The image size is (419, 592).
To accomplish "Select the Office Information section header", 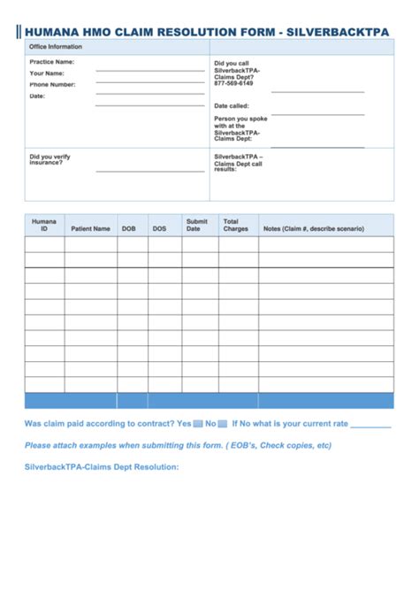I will (x=56, y=47).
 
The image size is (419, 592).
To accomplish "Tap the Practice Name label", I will (x=52, y=63).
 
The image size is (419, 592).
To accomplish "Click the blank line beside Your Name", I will (x=149, y=82).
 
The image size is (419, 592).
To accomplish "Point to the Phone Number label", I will (x=52, y=85).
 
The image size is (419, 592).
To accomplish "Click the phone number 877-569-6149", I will (x=233, y=83).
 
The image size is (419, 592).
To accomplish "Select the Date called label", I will (x=232, y=105).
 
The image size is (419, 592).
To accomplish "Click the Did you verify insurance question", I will (x=50, y=159).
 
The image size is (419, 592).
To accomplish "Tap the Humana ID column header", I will (x=44, y=225).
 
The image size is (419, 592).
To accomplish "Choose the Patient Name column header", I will (x=91, y=228).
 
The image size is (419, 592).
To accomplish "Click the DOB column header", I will (x=130, y=228).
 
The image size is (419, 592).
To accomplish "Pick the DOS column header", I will (x=159, y=228).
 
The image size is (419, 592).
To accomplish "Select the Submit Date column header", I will (x=196, y=225).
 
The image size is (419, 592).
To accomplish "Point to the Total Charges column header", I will (x=235, y=225).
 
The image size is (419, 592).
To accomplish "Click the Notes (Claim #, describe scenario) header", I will (x=313, y=228).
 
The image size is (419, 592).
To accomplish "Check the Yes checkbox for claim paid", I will (x=199, y=424).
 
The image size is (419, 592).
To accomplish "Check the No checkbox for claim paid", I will (x=224, y=424).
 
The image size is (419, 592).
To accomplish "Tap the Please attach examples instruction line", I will (x=178, y=445).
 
